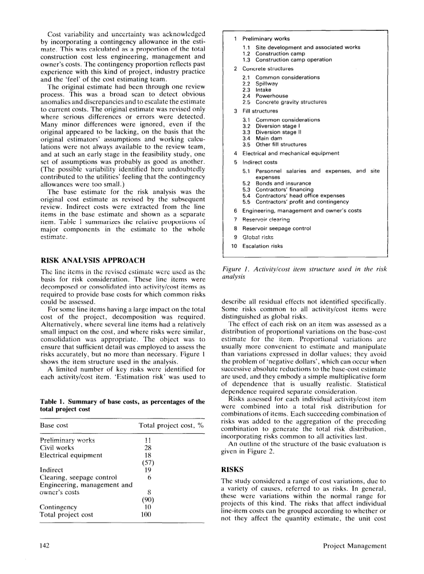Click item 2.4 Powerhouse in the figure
(x=265, y=96)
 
